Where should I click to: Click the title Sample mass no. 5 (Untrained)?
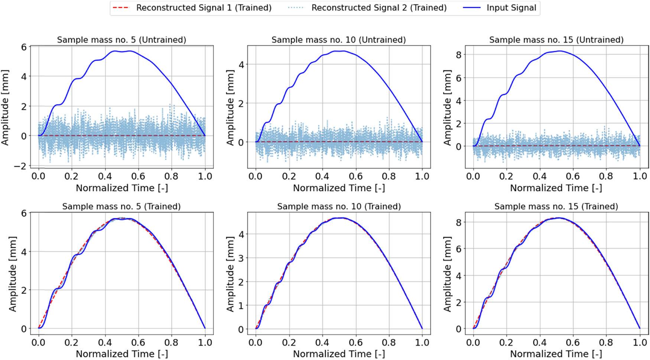pos(121,40)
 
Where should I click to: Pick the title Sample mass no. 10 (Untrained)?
pos(338,40)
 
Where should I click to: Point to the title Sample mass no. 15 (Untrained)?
pos(556,40)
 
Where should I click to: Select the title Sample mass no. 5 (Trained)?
pos(121,206)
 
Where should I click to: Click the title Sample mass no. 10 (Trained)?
pos(338,206)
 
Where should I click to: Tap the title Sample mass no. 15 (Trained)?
pos(556,206)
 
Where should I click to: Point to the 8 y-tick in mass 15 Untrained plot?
pos(458,55)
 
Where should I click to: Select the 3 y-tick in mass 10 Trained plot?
pos(241,258)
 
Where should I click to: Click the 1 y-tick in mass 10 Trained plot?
pos(241,305)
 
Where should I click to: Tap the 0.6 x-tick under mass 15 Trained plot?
pos(573,342)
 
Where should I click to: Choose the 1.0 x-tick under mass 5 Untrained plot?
pos(205,176)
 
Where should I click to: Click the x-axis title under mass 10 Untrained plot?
pos(338,188)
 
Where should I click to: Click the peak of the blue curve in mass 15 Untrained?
pos(560,51)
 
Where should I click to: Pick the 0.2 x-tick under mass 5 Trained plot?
pos(72,342)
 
